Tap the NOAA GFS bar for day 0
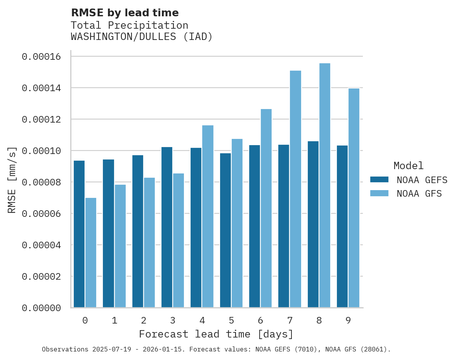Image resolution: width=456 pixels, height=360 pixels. tap(91, 253)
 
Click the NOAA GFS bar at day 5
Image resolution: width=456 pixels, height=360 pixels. tap(237, 223)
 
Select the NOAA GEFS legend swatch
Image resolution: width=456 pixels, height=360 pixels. tap(379, 179)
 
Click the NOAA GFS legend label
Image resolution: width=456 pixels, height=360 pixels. tap(419, 194)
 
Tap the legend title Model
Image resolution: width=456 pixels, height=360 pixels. tap(408, 166)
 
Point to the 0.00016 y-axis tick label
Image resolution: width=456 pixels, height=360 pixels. tap(41, 57)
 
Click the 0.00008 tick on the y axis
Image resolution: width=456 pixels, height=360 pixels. tap(41, 182)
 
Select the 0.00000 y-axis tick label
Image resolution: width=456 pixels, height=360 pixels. tap(41, 308)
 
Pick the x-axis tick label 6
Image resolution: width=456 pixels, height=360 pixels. tap(260, 320)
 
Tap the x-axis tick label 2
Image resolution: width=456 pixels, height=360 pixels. tap(144, 320)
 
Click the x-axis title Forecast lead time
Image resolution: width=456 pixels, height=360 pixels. tap(216, 334)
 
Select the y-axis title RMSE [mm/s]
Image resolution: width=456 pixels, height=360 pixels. tap(12, 180)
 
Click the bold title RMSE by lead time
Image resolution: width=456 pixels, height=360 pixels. tap(125, 13)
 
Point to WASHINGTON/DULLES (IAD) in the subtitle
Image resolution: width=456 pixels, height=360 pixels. tap(142, 37)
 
